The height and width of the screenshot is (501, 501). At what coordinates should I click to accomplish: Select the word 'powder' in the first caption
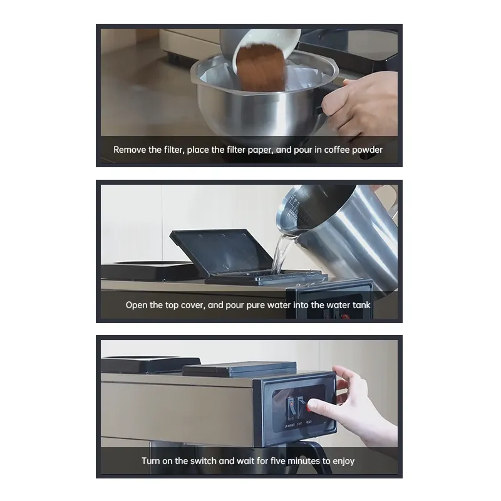point(368,150)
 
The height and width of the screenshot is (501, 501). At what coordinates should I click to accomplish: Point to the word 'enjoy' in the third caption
point(341,462)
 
